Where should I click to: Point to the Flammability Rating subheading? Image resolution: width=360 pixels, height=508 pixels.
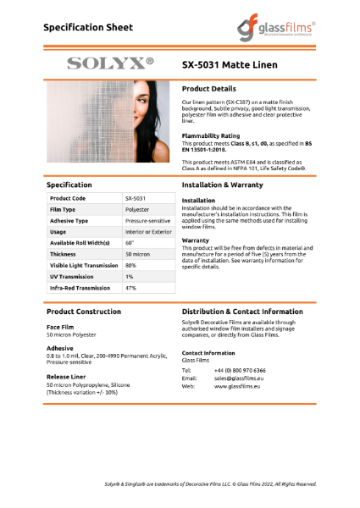tap(211, 135)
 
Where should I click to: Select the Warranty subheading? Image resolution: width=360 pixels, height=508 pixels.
tap(197, 240)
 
